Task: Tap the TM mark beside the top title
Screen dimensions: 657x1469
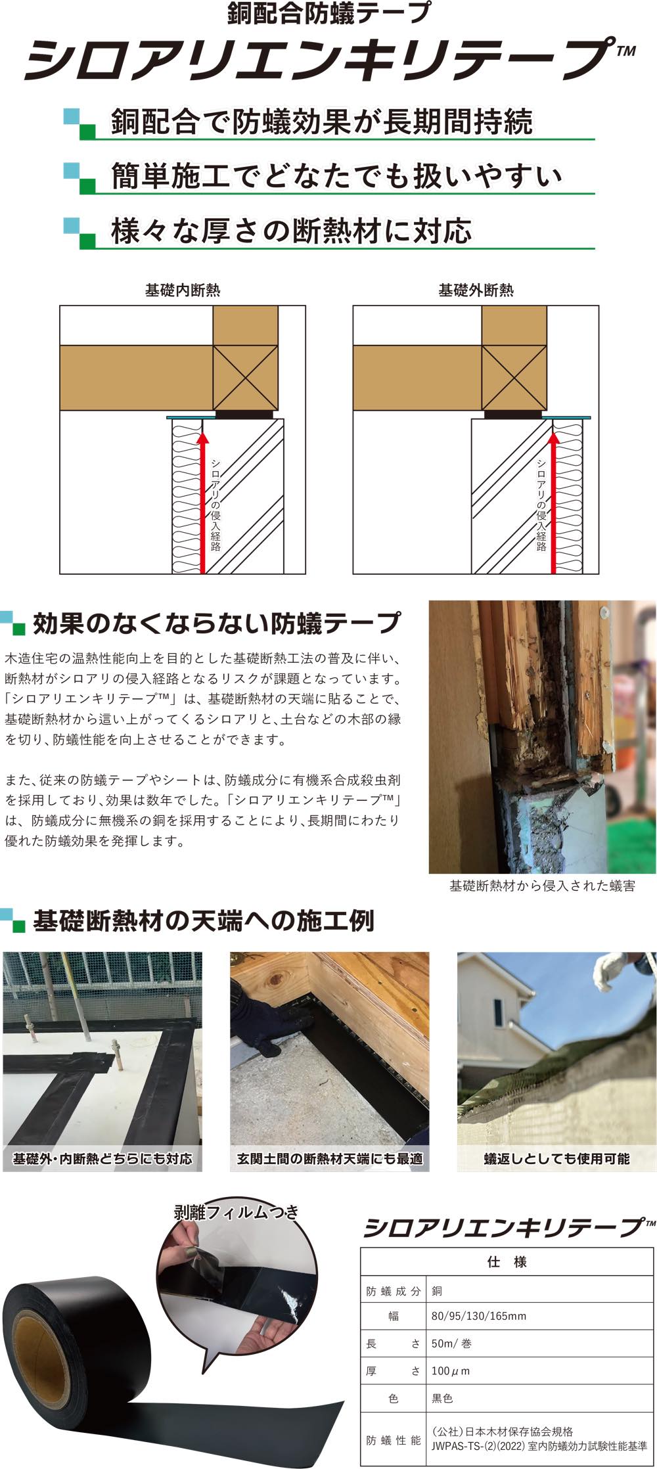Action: point(627,51)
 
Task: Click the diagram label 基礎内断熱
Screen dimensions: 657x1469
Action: point(183,290)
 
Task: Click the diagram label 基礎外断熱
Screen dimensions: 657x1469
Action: point(476,290)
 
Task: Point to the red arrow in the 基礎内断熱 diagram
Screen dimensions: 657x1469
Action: point(202,502)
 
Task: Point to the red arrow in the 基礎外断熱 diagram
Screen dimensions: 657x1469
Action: point(553,502)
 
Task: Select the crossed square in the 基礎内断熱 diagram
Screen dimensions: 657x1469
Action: point(246,378)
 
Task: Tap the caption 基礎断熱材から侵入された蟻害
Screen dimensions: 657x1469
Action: point(542,886)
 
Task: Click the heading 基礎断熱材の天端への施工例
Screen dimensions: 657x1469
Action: point(204,921)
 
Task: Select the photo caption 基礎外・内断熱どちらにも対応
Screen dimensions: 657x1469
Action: point(102,1158)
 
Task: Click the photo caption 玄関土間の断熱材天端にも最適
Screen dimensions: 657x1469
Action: point(330,1158)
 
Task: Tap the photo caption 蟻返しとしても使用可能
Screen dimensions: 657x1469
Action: point(556,1158)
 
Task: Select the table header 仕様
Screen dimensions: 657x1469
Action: point(507,1261)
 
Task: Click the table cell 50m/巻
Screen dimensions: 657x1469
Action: point(451,1344)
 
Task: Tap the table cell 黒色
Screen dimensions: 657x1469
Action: point(442,1398)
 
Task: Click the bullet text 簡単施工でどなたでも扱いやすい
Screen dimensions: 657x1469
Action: point(337,176)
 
